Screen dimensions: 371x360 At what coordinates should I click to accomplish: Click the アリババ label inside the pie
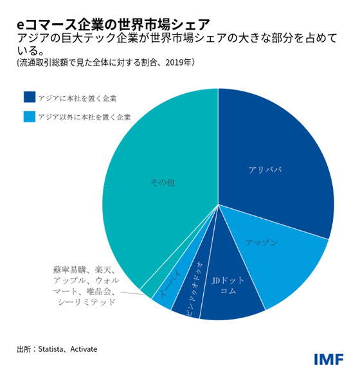[x=265, y=169]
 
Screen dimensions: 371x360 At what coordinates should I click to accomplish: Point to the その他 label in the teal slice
[x=162, y=183]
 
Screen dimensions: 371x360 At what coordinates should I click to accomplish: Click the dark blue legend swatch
[x=29, y=98]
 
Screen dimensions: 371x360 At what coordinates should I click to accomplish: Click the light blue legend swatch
[x=29, y=116]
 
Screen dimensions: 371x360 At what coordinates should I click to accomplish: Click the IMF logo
[x=328, y=359]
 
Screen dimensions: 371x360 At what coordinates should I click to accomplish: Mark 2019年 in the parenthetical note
[x=179, y=62]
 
